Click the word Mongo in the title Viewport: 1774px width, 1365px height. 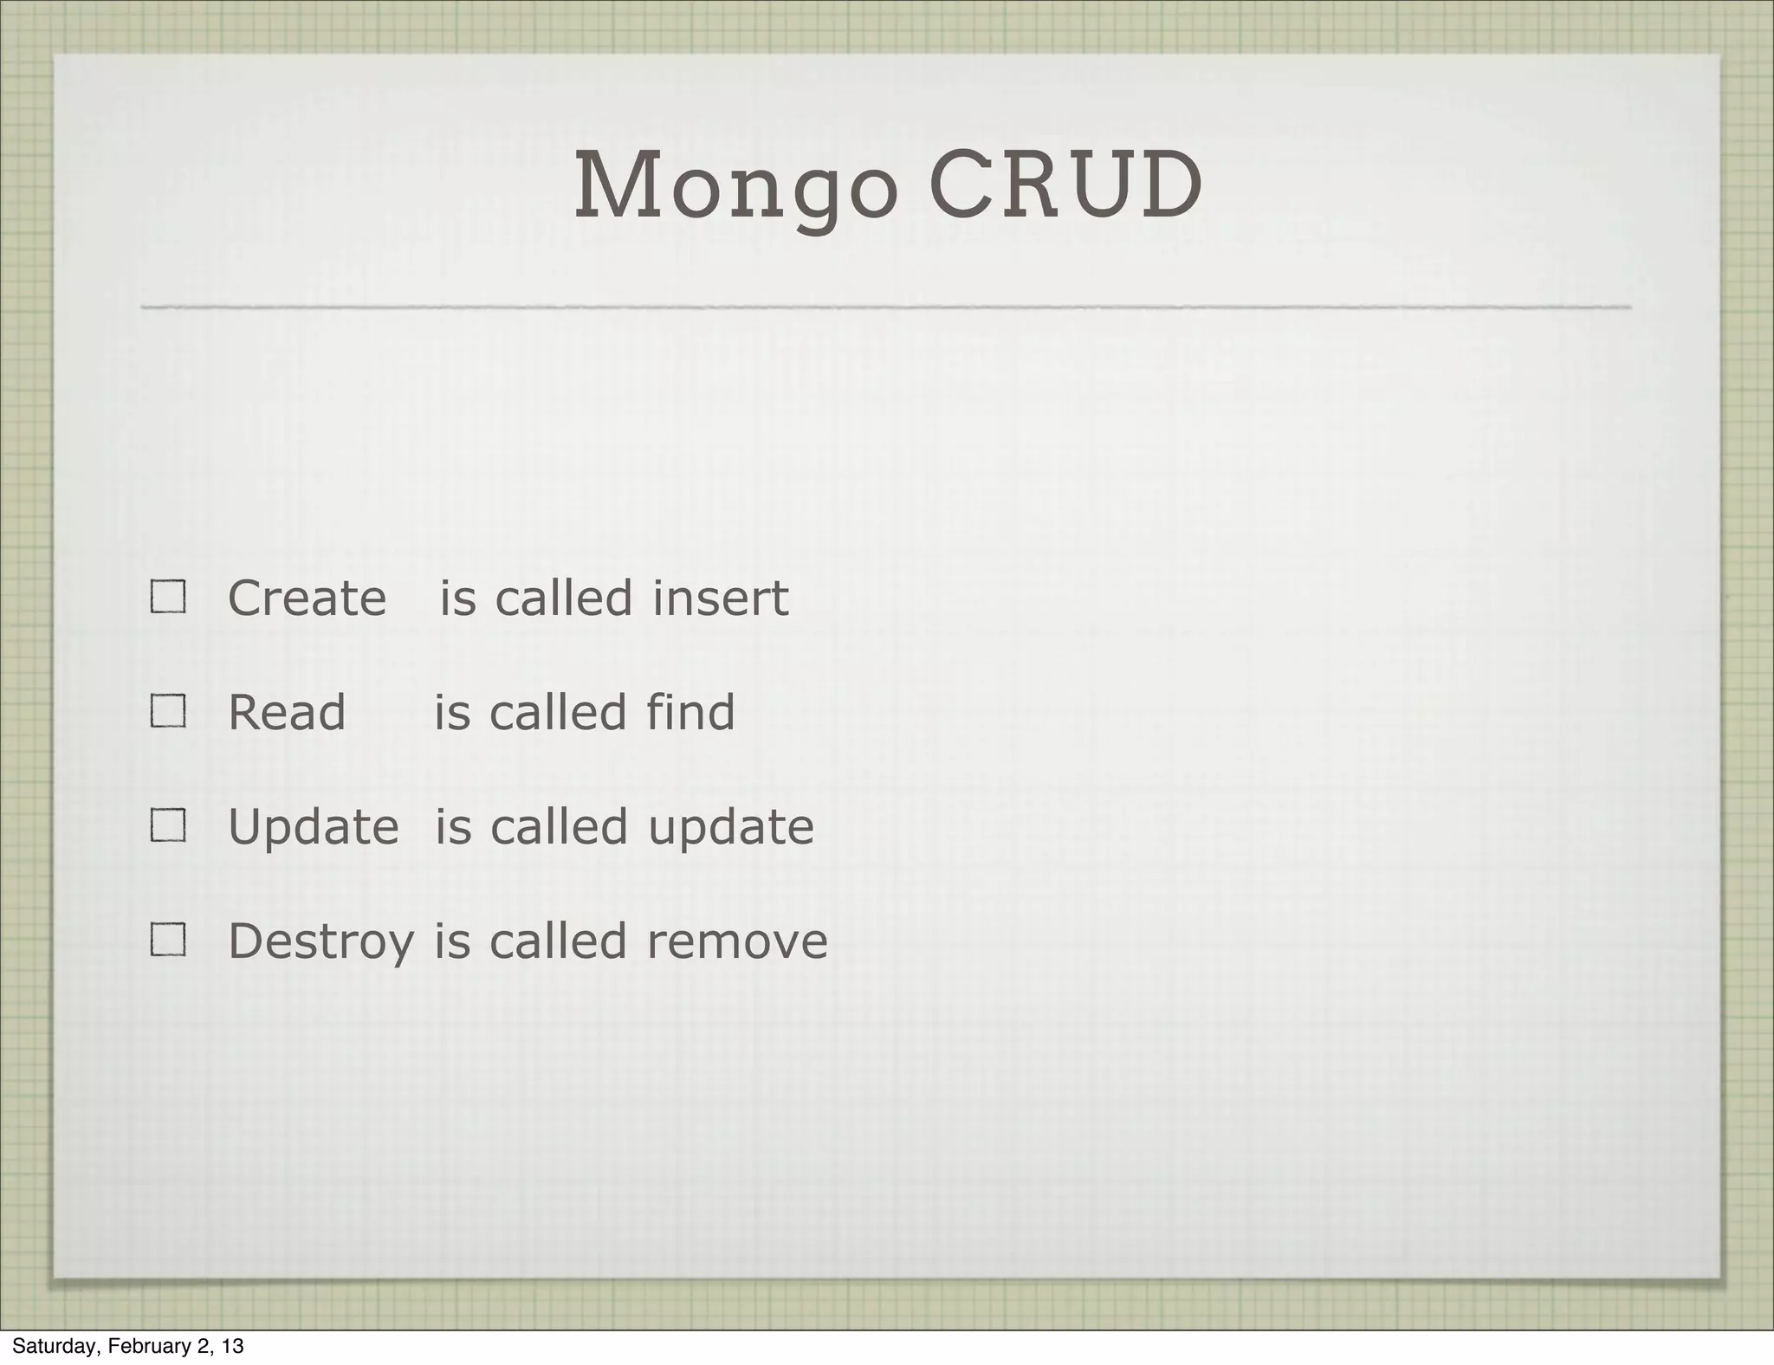735,187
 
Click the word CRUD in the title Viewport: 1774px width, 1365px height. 1065,185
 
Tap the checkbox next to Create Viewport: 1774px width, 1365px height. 168,597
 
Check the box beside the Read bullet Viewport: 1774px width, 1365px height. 168,711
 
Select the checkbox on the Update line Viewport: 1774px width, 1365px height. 168,825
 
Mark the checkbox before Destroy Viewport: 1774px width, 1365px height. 168,939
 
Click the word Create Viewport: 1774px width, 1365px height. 307,598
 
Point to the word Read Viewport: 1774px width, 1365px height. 287,712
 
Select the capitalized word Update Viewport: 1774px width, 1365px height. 313,827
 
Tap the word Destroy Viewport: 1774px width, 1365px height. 320,942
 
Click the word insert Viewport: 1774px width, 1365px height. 720,598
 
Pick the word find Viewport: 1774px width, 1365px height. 690,712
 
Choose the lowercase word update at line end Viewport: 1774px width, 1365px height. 731,827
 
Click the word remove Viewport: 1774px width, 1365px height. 737,941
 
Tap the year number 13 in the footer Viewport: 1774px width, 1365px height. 231,1346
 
